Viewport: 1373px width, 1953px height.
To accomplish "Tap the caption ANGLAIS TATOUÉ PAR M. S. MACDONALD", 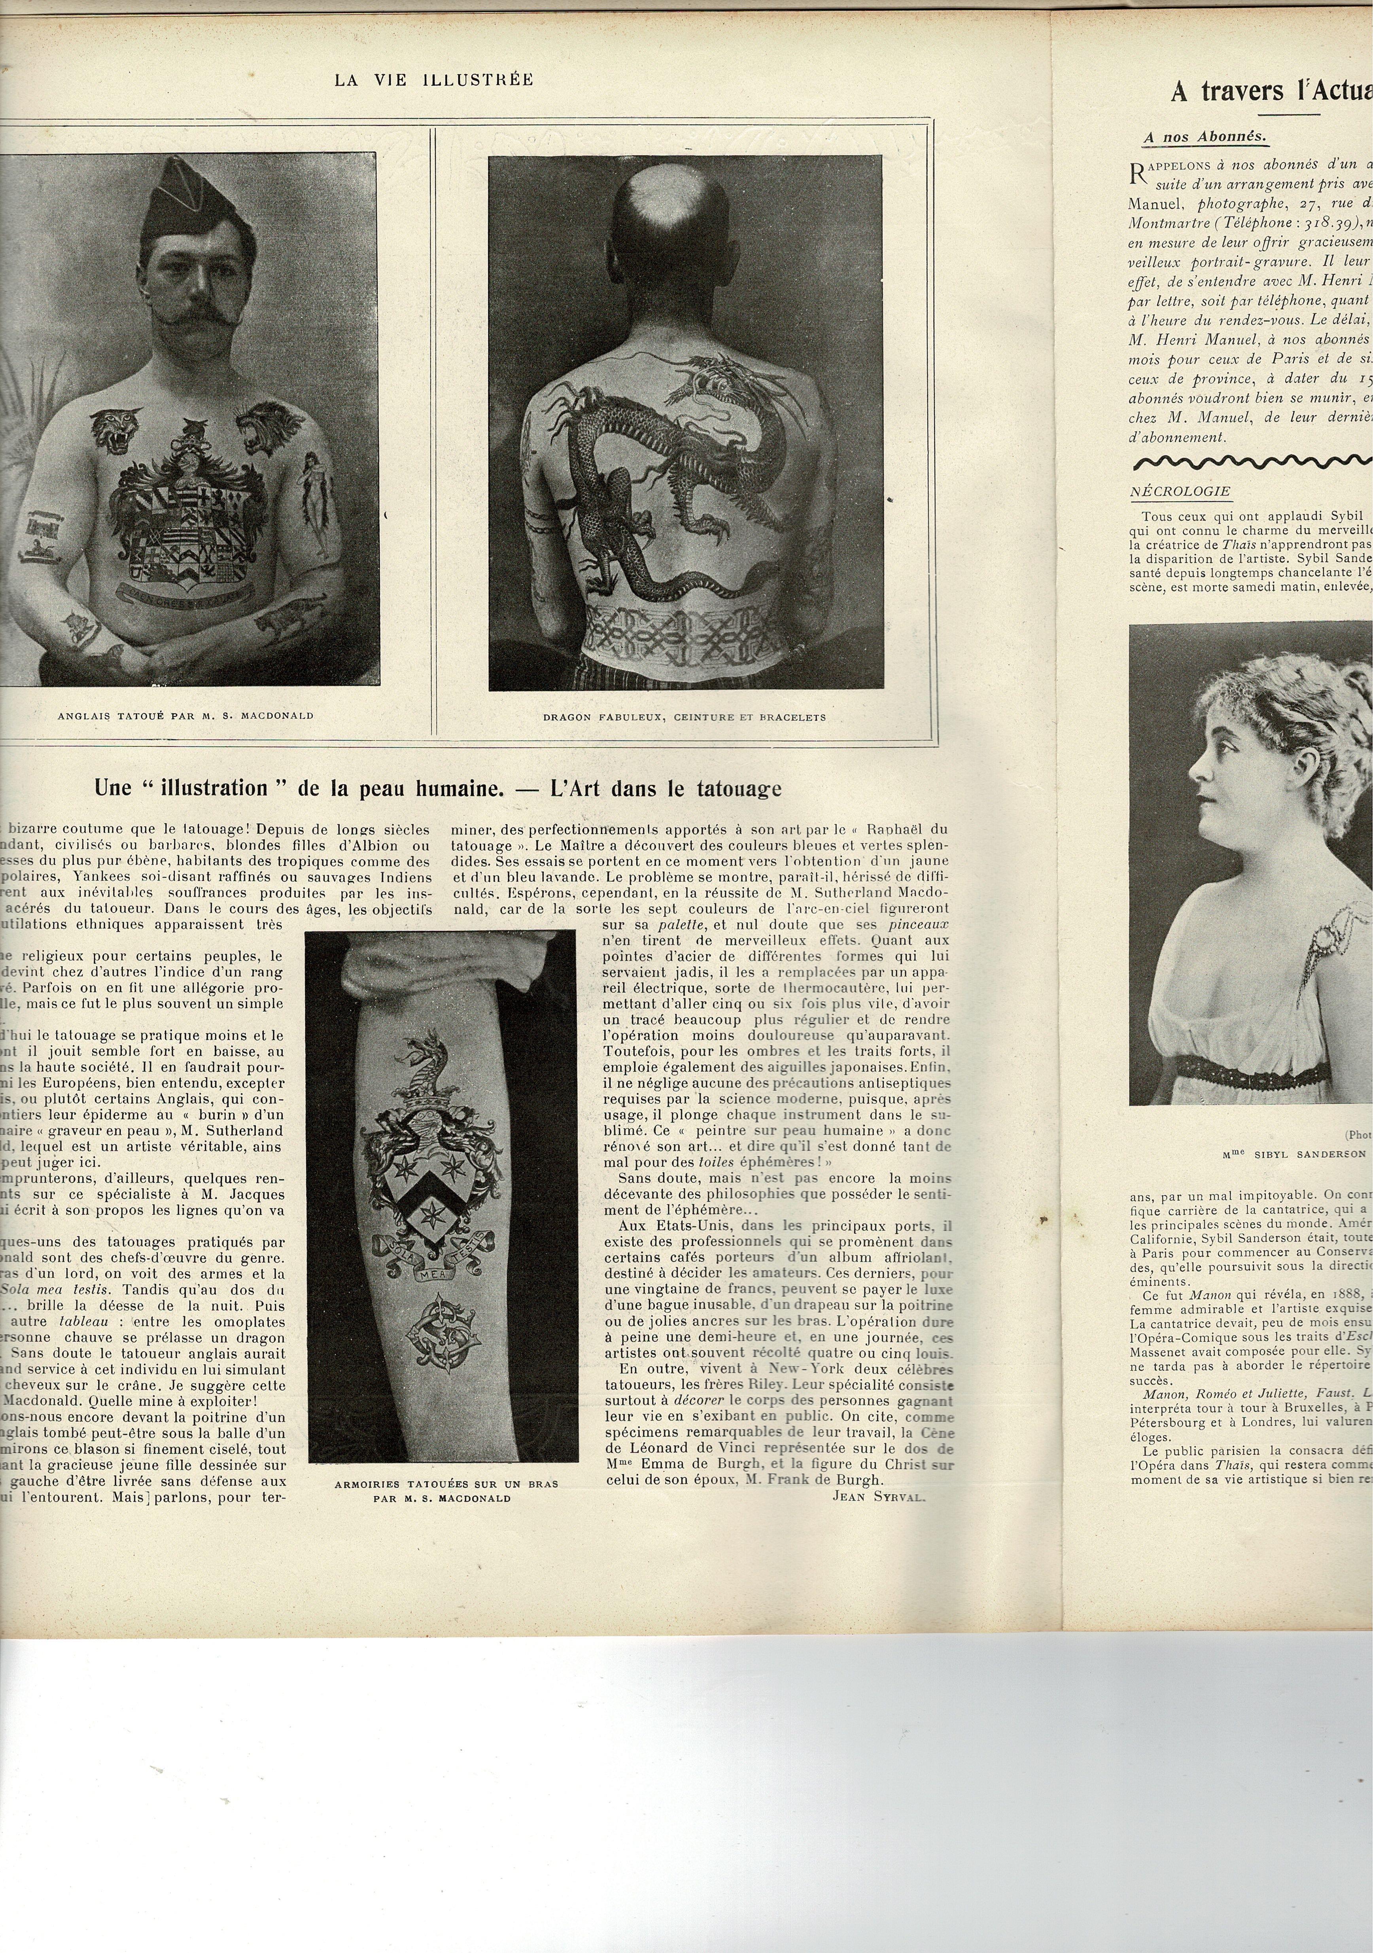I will click(x=185, y=716).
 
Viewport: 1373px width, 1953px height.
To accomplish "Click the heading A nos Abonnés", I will click(x=1205, y=136).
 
